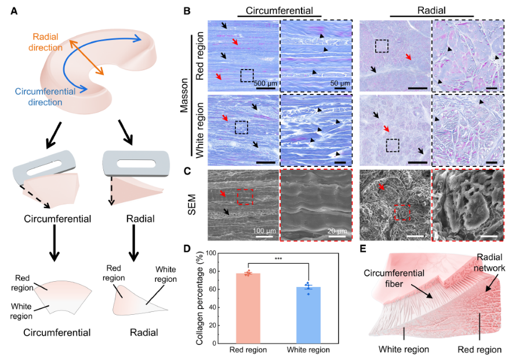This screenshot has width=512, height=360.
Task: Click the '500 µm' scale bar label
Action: [x=265, y=83]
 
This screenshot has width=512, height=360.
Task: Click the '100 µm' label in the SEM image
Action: [x=264, y=231]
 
